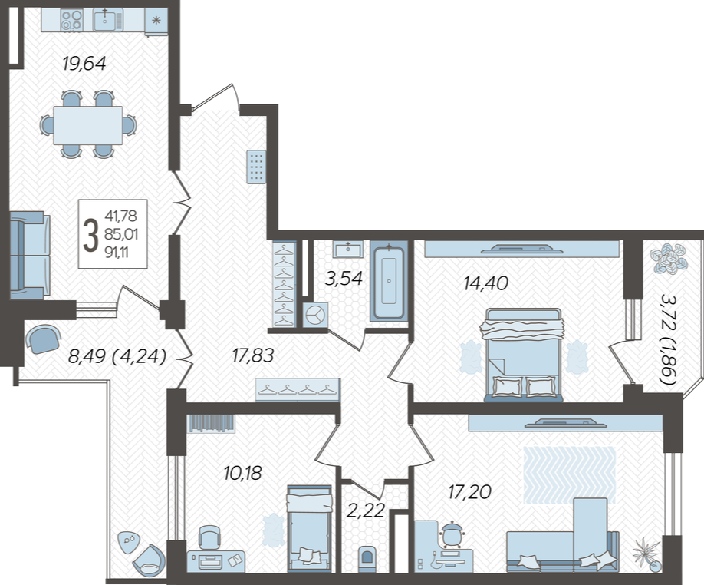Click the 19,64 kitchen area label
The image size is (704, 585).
point(84,64)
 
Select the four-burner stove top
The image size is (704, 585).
point(72,21)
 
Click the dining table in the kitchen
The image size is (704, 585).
point(88,125)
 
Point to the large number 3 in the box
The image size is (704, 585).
point(90,235)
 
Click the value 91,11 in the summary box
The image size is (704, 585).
point(117,253)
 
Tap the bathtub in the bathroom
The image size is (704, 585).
point(389,281)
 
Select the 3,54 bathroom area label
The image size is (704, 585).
point(344,279)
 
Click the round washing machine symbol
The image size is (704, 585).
point(316,315)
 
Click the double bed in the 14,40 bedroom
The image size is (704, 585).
point(522,355)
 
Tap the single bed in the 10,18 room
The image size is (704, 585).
point(309,528)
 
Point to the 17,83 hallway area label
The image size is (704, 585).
point(253,355)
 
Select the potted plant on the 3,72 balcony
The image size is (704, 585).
point(669,259)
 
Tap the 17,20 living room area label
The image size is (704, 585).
point(469,492)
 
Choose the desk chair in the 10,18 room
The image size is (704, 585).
point(209,537)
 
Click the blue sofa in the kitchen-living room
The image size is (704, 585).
point(30,255)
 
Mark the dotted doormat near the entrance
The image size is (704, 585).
point(256,167)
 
